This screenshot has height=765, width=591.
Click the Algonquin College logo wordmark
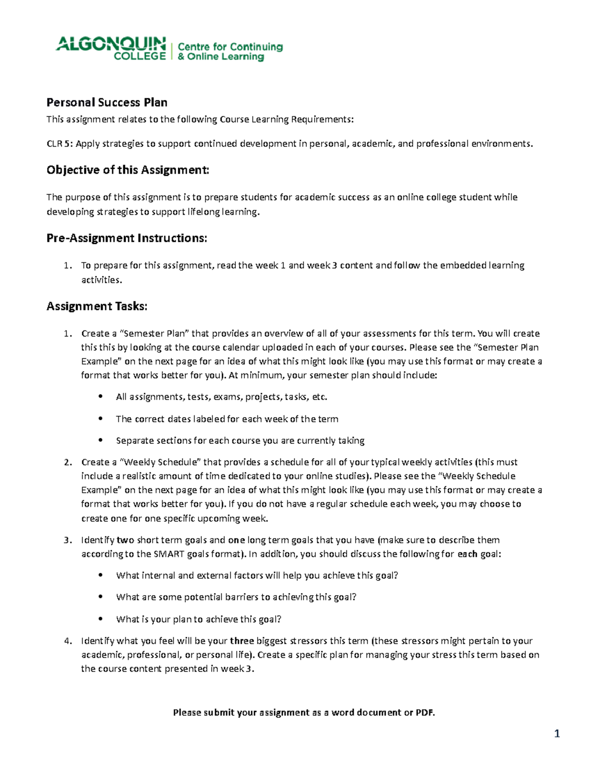pos(111,48)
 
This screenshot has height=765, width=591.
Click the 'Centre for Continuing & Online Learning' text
pos(230,52)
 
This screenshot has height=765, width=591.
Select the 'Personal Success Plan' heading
pos(107,102)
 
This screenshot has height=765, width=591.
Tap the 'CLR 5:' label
pos(60,144)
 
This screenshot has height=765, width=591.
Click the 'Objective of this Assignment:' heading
pos(128,170)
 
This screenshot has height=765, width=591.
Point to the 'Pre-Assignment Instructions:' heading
pos(127,238)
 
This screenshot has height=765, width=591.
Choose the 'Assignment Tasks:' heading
pos(97,306)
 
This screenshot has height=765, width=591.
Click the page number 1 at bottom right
pos(557,734)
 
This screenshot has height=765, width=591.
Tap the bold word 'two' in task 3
pos(125,540)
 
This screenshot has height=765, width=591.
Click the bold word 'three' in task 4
pos(242,641)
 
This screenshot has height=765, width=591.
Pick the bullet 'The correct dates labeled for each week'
pos(227,419)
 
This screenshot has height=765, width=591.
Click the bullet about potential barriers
pos(236,597)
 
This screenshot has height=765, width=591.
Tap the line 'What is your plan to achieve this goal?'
pos(198,619)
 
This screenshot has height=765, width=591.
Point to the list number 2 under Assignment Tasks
pos(67,462)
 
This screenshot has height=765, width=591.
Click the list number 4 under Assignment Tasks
pos(67,641)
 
